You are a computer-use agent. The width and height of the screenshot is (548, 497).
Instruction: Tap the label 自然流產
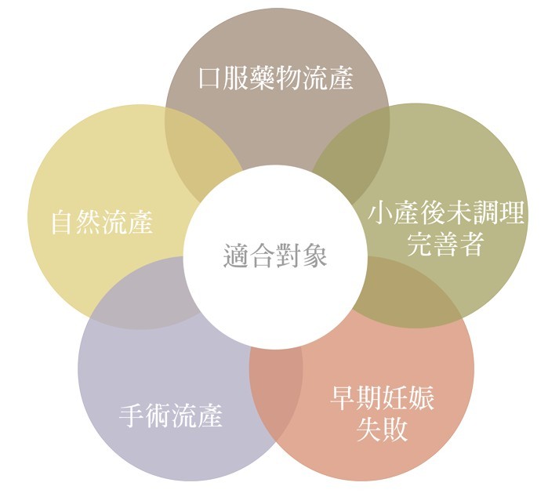pos(102,222)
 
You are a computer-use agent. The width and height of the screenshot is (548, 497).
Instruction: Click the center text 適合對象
pos(275,256)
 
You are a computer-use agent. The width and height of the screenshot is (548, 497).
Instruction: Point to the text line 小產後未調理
pos(445,213)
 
